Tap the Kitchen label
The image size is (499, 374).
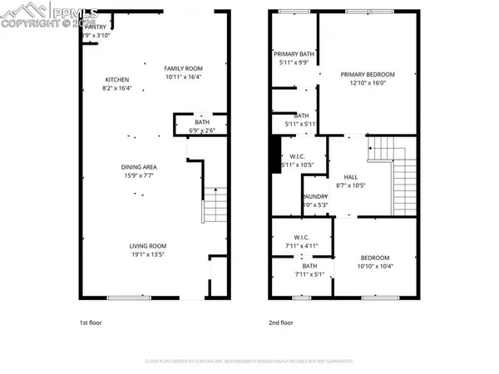tap(116, 79)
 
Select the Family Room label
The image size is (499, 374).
tap(183, 68)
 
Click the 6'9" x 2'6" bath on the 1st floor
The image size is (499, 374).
tap(190, 124)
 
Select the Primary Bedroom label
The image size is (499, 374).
tap(367, 74)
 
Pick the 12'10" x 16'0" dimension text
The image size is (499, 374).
tap(367, 83)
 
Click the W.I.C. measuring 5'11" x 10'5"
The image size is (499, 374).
tap(297, 160)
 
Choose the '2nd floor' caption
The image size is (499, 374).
tap(281, 322)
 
